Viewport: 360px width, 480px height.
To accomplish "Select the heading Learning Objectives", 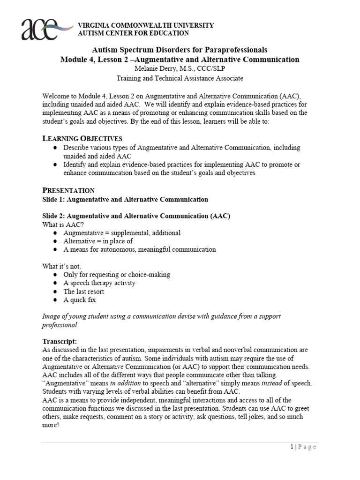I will click(82, 138).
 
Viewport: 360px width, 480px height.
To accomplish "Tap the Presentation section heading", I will click(68, 190).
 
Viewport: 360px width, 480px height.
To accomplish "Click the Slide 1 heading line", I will click(125, 199).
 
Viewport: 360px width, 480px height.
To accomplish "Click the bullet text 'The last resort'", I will click(84, 292).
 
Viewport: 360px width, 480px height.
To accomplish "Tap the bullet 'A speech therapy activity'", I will click(99, 283).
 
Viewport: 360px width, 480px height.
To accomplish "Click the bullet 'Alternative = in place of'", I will click(98, 241).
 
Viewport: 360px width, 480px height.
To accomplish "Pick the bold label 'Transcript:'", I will click(60, 341).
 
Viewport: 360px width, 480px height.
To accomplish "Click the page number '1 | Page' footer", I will click(303, 447).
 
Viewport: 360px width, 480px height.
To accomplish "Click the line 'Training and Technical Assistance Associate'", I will click(180, 78).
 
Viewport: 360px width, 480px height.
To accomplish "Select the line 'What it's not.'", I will click(62, 266).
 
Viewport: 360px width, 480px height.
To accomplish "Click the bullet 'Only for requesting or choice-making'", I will click(117, 275).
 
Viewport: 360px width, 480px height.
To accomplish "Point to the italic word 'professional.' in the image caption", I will click(60, 325).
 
